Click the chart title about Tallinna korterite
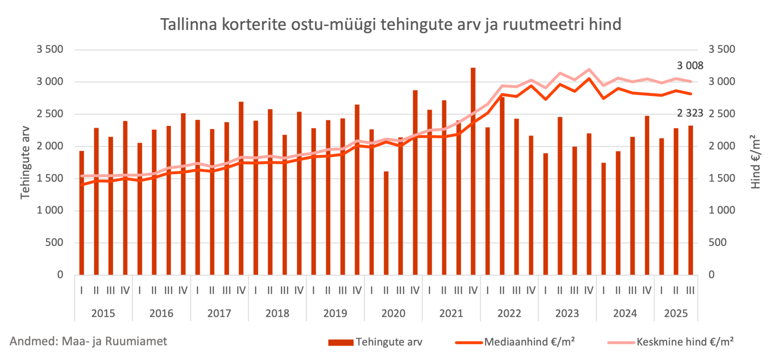[390, 24]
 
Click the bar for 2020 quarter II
[386, 224]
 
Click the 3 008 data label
[690, 66]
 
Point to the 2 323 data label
[690, 113]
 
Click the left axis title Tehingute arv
[25, 163]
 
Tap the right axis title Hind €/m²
[755, 162]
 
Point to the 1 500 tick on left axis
[50, 178]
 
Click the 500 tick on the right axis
[717, 242]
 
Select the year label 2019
[335, 313]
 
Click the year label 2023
[567, 313]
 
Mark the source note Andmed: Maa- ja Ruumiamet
[88, 341]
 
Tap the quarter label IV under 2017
[241, 290]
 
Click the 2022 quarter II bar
[502, 187]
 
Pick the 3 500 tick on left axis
[50, 49]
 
